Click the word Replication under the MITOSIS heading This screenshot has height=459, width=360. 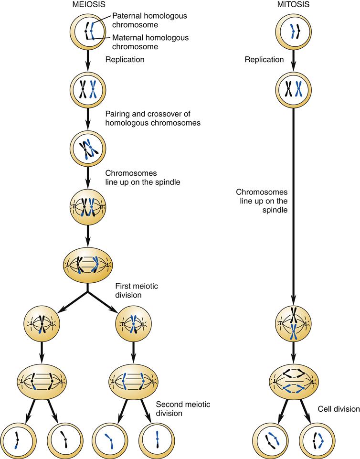coord(264,60)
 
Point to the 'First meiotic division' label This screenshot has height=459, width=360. coord(137,291)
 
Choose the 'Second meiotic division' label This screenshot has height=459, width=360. coord(183,409)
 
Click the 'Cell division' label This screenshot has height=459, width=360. coord(338,409)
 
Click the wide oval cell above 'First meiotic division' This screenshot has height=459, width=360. coord(88,263)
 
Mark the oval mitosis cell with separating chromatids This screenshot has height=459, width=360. coord(293,382)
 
